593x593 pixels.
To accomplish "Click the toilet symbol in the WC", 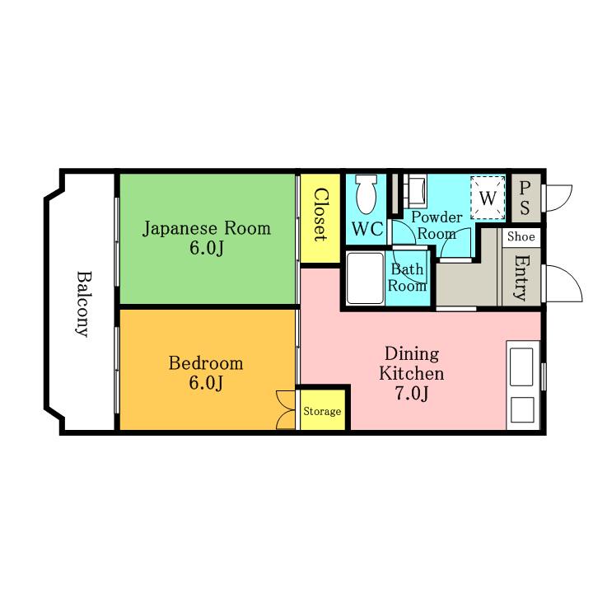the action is click(367, 194).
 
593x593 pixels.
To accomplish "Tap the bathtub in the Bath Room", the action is click(365, 278).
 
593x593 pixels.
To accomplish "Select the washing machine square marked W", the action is click(488, 198).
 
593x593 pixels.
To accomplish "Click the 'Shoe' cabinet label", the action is click(521, 236).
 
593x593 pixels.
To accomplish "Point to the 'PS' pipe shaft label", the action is click(525, 198).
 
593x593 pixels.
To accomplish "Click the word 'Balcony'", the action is click(83, 304).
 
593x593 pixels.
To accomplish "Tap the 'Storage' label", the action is click(322, 411).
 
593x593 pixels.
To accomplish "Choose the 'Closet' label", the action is click(320, 214).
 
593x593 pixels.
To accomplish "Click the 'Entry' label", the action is click(522, 278).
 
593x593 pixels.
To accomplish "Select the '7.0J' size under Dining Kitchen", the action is click(413, 394).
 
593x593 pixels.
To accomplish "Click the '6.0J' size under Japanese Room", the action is click(207, 248).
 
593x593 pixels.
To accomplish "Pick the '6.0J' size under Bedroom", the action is click(206, 383).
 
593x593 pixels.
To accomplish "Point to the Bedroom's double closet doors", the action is click(286, 410).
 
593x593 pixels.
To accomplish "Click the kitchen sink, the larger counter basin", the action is click(521, 367).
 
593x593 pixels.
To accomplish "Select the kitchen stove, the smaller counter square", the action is click(522, 409).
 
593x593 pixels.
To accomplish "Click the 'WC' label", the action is click(367, 229).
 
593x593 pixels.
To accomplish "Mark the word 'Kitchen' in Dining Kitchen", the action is click(412, 373).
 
